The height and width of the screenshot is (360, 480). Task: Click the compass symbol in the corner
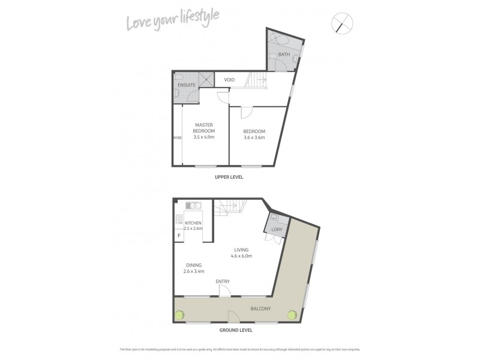click(x=341, y=25)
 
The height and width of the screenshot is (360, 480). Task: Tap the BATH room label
click(x=284, y=55)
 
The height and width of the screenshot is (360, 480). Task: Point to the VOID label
click(x=229, y=80)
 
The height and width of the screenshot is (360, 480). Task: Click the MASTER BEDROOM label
click(x=204, y=128)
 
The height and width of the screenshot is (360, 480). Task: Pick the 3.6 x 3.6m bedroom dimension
click(x=254, y=137)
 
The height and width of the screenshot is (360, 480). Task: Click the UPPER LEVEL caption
click(x=230, y=178)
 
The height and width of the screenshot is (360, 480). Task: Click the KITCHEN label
click(x=193, y=223)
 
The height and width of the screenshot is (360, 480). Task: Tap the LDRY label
click(x=277, y=230)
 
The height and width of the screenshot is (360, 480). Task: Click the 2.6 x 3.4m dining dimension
click(x=193, y=271)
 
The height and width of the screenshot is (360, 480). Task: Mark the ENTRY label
click(x=223, y=281)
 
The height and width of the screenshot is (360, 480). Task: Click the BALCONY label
click(x=260, y=309)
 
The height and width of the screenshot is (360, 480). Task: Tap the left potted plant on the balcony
click(x=179, y=314)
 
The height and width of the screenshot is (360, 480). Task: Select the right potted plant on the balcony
click(x=292, y=314)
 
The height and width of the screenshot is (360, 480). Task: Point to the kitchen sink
click(x=194, y=206)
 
